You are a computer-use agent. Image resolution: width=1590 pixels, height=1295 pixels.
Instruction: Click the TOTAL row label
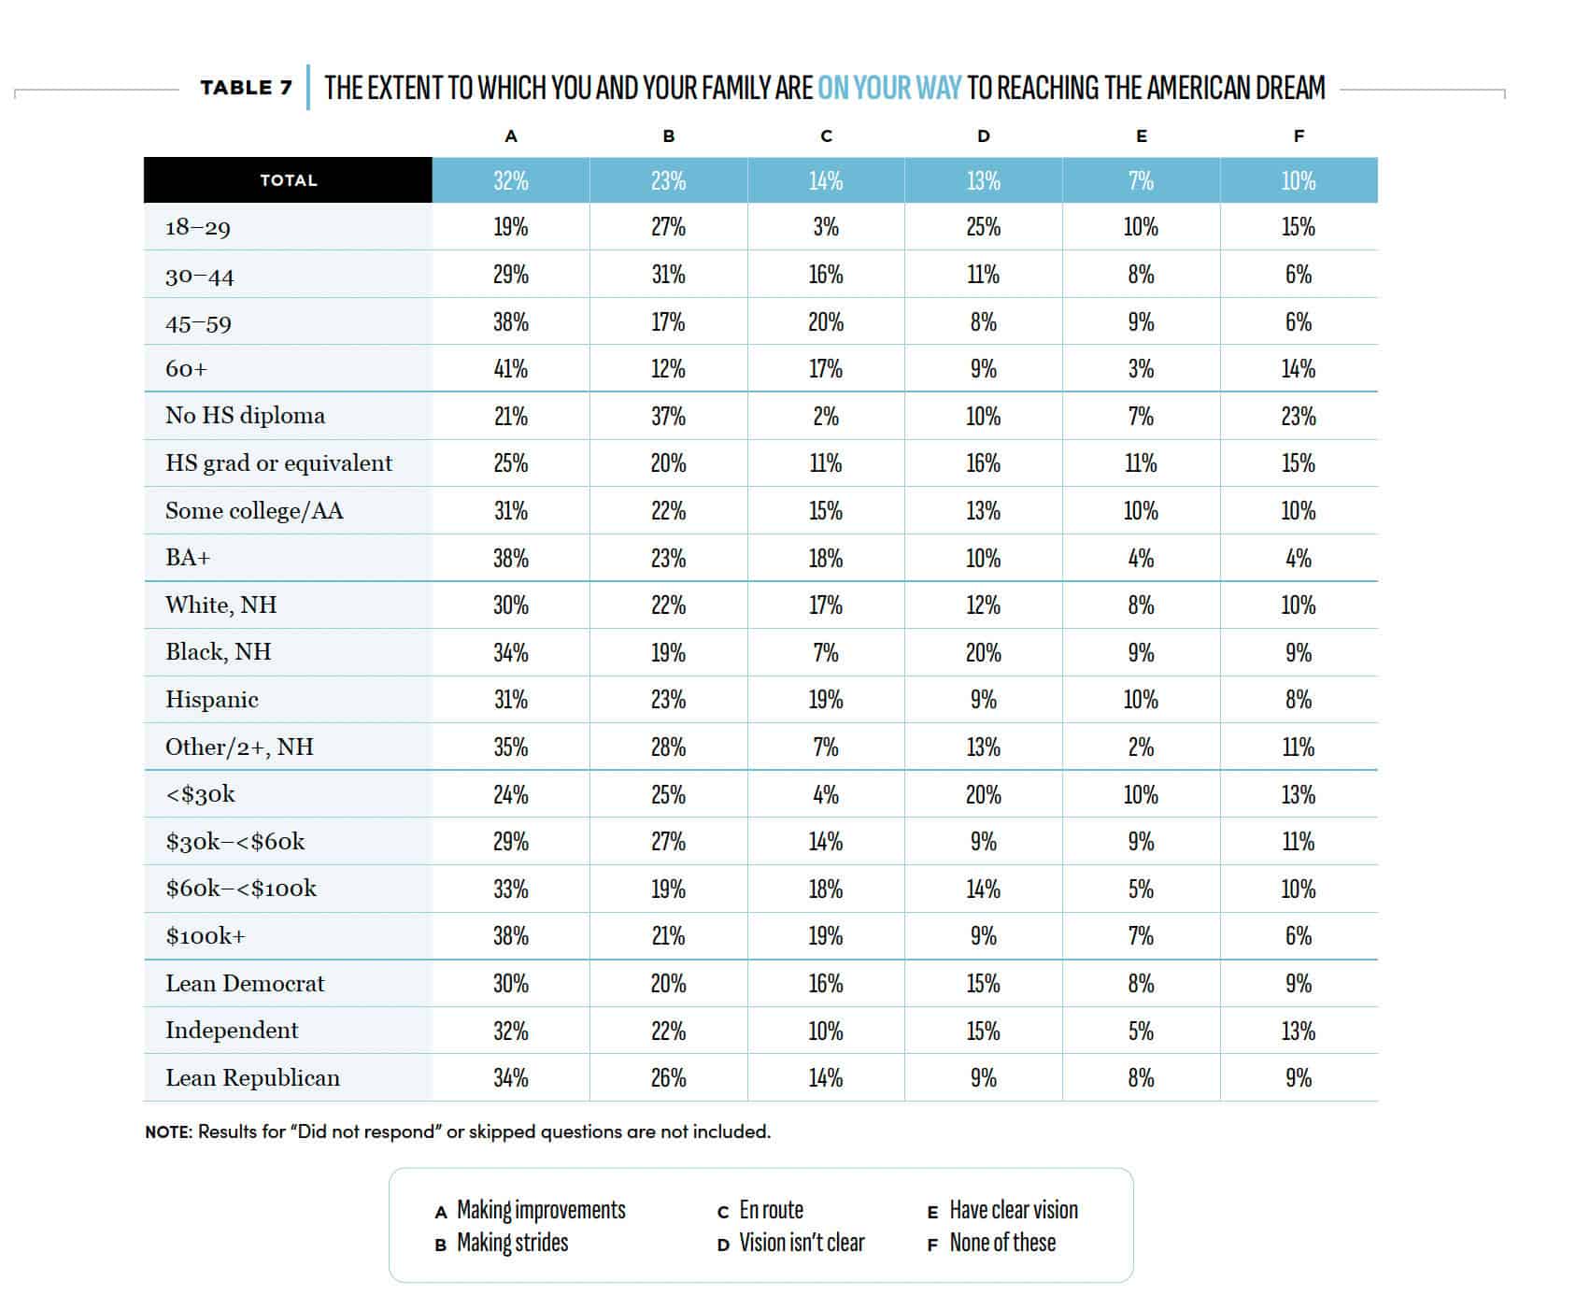(288, 180)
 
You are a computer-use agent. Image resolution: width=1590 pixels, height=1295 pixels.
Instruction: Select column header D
(983, 136)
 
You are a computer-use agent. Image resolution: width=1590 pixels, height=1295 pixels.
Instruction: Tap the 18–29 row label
(198, 227)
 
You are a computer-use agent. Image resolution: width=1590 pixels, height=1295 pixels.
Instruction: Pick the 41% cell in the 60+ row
(511, 369)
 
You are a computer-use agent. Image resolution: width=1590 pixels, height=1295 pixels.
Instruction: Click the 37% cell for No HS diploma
(668, 416)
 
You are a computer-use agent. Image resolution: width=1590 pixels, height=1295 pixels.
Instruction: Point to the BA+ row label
(188, 558)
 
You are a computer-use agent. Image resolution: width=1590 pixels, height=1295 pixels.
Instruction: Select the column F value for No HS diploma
(1299, 416)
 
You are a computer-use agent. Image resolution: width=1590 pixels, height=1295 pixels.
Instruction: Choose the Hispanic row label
(212, 700)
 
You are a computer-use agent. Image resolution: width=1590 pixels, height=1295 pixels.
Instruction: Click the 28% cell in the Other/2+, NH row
(668, 747)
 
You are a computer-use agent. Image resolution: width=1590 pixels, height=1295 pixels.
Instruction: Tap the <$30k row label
(200, 794)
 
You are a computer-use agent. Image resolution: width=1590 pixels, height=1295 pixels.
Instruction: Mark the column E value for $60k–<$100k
(1141, 889)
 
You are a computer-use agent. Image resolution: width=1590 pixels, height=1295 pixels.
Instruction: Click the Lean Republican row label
(252, 1078)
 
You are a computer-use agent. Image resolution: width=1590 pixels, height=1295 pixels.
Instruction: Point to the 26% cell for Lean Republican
(668, 1078)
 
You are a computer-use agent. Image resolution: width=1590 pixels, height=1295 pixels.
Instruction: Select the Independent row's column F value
(1299, 1031)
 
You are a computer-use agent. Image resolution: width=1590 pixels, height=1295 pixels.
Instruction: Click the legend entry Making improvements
(541, 1210)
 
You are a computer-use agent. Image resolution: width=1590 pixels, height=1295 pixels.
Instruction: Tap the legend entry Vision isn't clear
(802, 1243)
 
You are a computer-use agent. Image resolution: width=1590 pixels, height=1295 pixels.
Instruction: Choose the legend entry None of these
(1002, 1243)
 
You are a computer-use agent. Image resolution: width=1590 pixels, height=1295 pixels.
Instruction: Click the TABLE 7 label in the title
(246, 88)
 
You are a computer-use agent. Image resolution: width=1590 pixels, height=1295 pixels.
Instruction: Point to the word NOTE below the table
(168, 1131)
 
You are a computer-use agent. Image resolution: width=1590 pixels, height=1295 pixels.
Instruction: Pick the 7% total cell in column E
(1141, 180)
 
